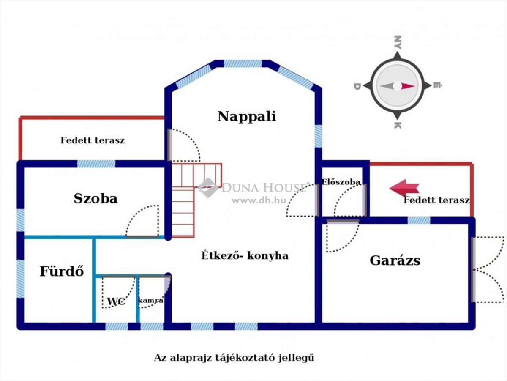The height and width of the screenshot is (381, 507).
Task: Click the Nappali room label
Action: coord(247,116)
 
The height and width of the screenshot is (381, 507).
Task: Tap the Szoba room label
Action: coord(95,198)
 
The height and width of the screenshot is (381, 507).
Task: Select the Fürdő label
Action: coord(62,271)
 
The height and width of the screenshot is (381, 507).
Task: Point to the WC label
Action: coord(115,302)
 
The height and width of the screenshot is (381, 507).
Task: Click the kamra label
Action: coord(151,300)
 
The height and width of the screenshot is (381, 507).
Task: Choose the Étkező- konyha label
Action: coord(245,255)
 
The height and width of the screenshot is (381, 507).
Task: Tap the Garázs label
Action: coord(395,260)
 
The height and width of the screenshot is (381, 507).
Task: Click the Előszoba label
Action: coord(341,182)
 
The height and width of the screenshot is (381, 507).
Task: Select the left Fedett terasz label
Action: coord(93,140)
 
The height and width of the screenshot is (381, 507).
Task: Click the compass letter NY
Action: coord(397,42)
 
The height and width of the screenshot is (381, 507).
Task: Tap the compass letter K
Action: coord(397,125)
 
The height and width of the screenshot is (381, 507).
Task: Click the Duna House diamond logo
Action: coord(208,188)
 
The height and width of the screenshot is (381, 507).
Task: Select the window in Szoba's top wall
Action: coord(96,164)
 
